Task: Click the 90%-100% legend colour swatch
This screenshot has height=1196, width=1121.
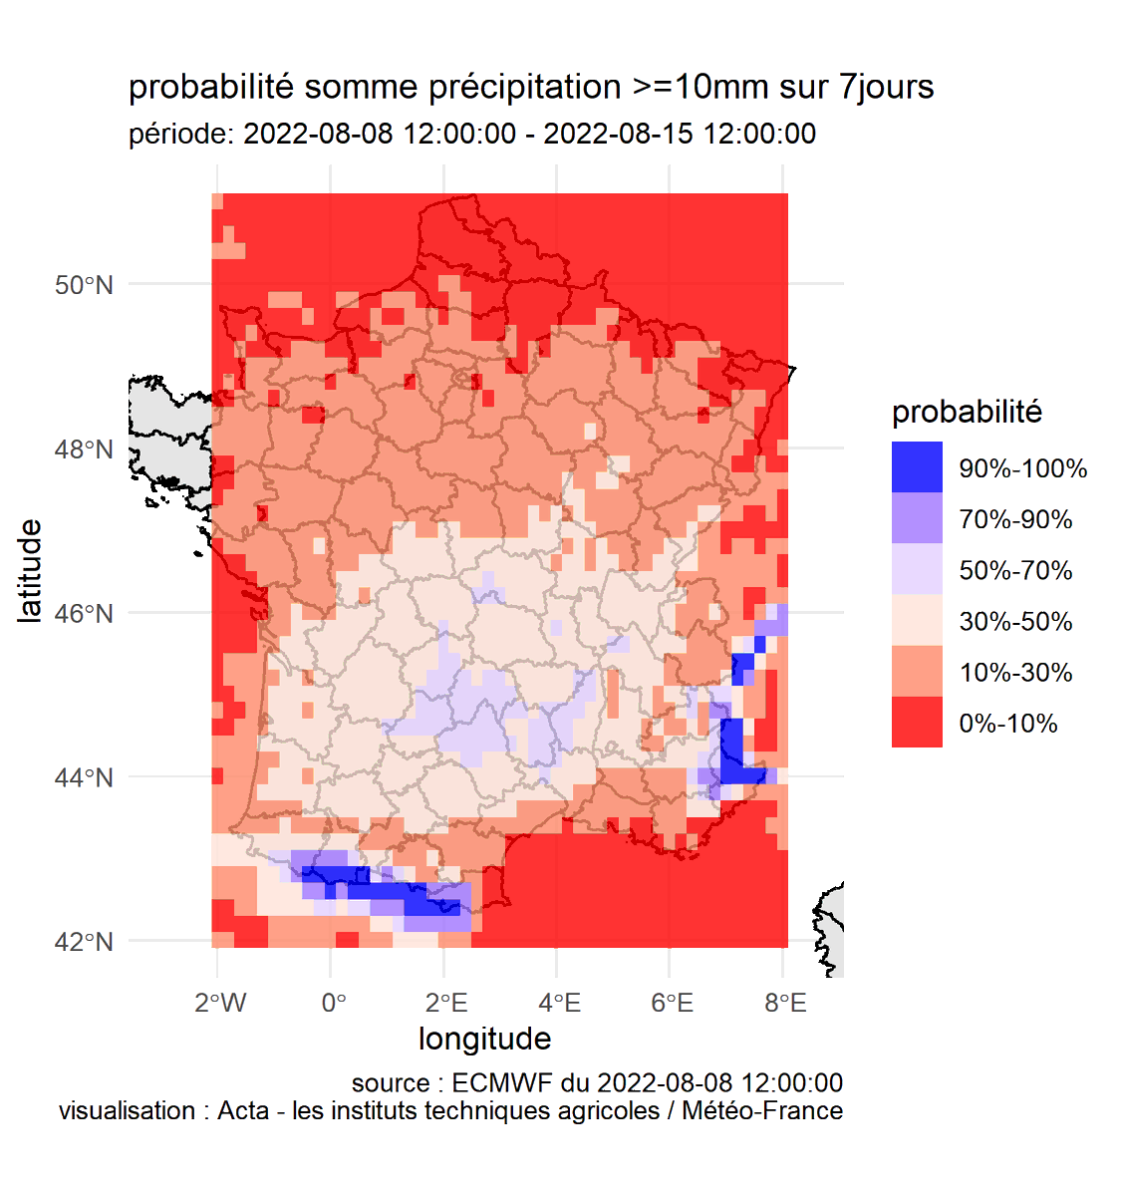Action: click(x=917, y=467)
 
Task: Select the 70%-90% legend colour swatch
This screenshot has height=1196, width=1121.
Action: click(x=917, y=518)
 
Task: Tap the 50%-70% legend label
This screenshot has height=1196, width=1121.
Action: click(x=1015, y=570)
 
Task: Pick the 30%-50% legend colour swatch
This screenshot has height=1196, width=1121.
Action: click(x=917, y=621)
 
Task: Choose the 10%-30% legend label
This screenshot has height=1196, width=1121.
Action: click(x=1015, y=673)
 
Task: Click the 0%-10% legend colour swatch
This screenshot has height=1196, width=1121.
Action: click(x=917, y=723)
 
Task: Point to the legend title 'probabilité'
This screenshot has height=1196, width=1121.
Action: click(x=967, y=412)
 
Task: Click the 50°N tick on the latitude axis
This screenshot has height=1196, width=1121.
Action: click(x=84, y=285)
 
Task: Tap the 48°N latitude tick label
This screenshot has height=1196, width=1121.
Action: click(x=84, y=449)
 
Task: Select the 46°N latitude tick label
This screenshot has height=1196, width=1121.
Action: click(x=84, y=613)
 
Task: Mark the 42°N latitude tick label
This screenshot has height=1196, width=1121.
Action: click(x=84, y=942)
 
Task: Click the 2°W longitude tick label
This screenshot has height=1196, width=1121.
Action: click(x=220, y=1003)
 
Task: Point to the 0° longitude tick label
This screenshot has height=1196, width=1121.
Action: click(x=334, y=1003)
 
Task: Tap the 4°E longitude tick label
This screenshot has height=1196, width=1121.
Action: click(x=559, y=1003)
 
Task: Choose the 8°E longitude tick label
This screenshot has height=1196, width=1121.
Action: click(x=785, y=1003)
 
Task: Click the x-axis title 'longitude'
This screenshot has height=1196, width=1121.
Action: click(x=484, y=1039)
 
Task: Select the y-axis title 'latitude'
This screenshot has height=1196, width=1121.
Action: click(x=31, y=570)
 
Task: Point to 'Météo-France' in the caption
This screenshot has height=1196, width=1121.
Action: click(x=762, y=1110)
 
